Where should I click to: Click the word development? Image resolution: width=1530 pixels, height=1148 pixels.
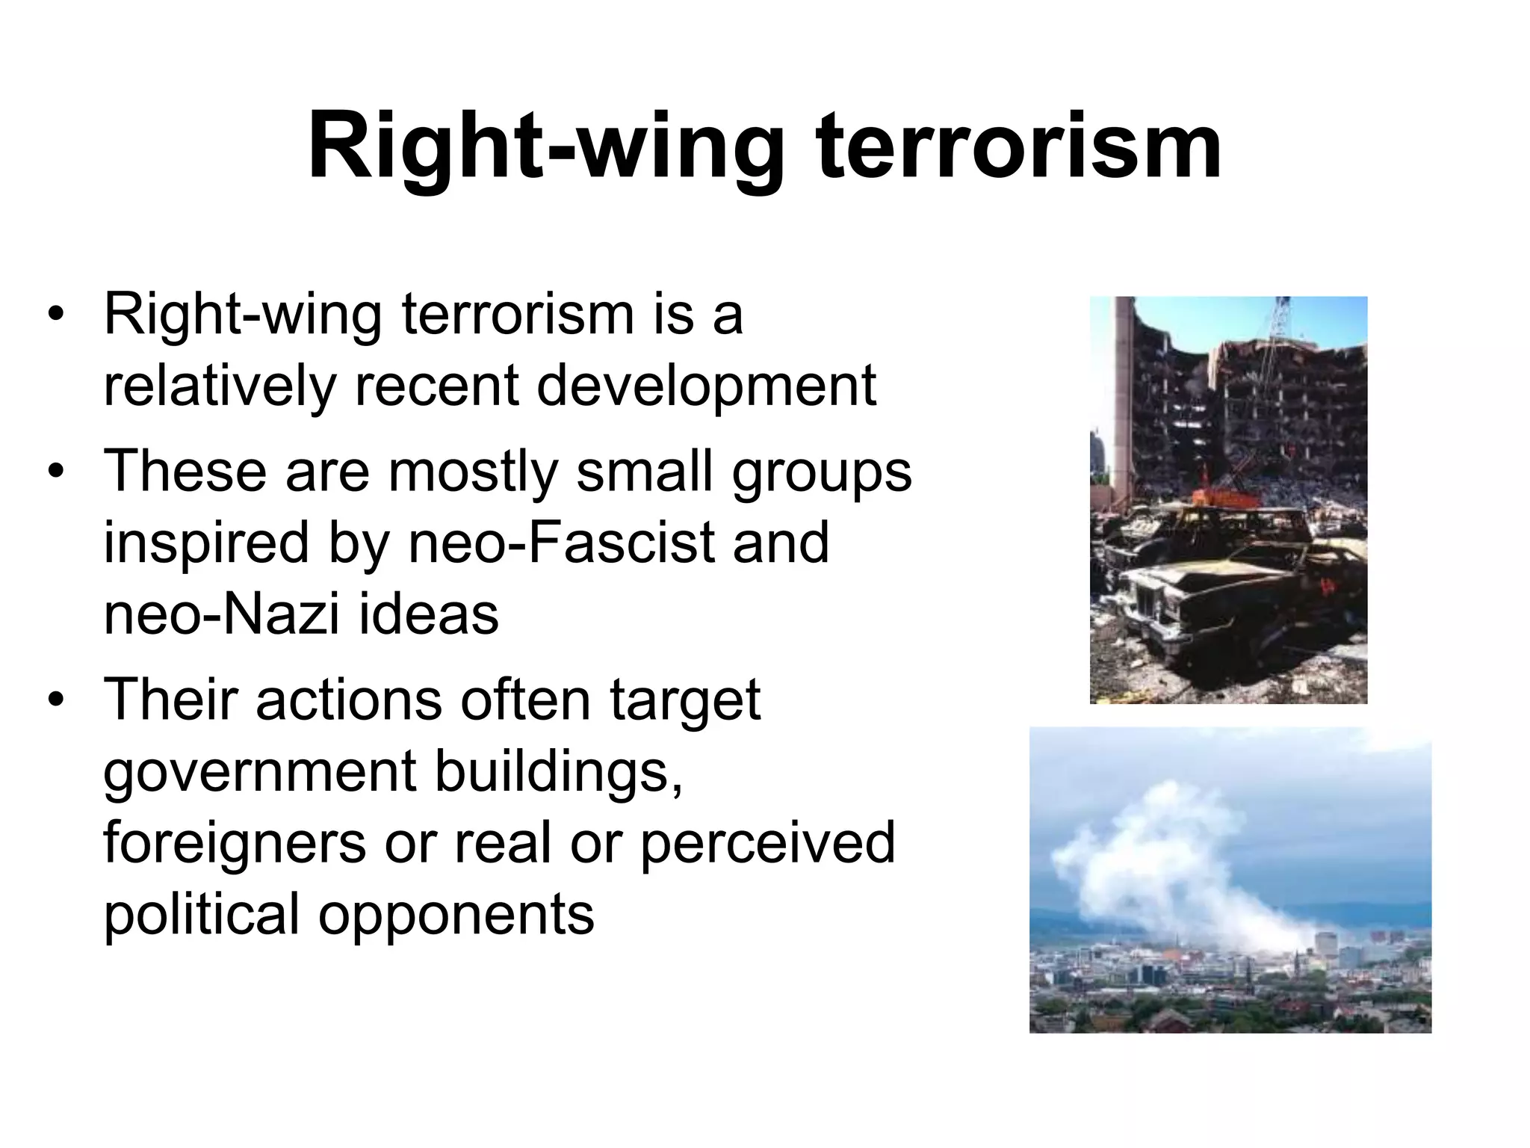(x=706, y=386)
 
